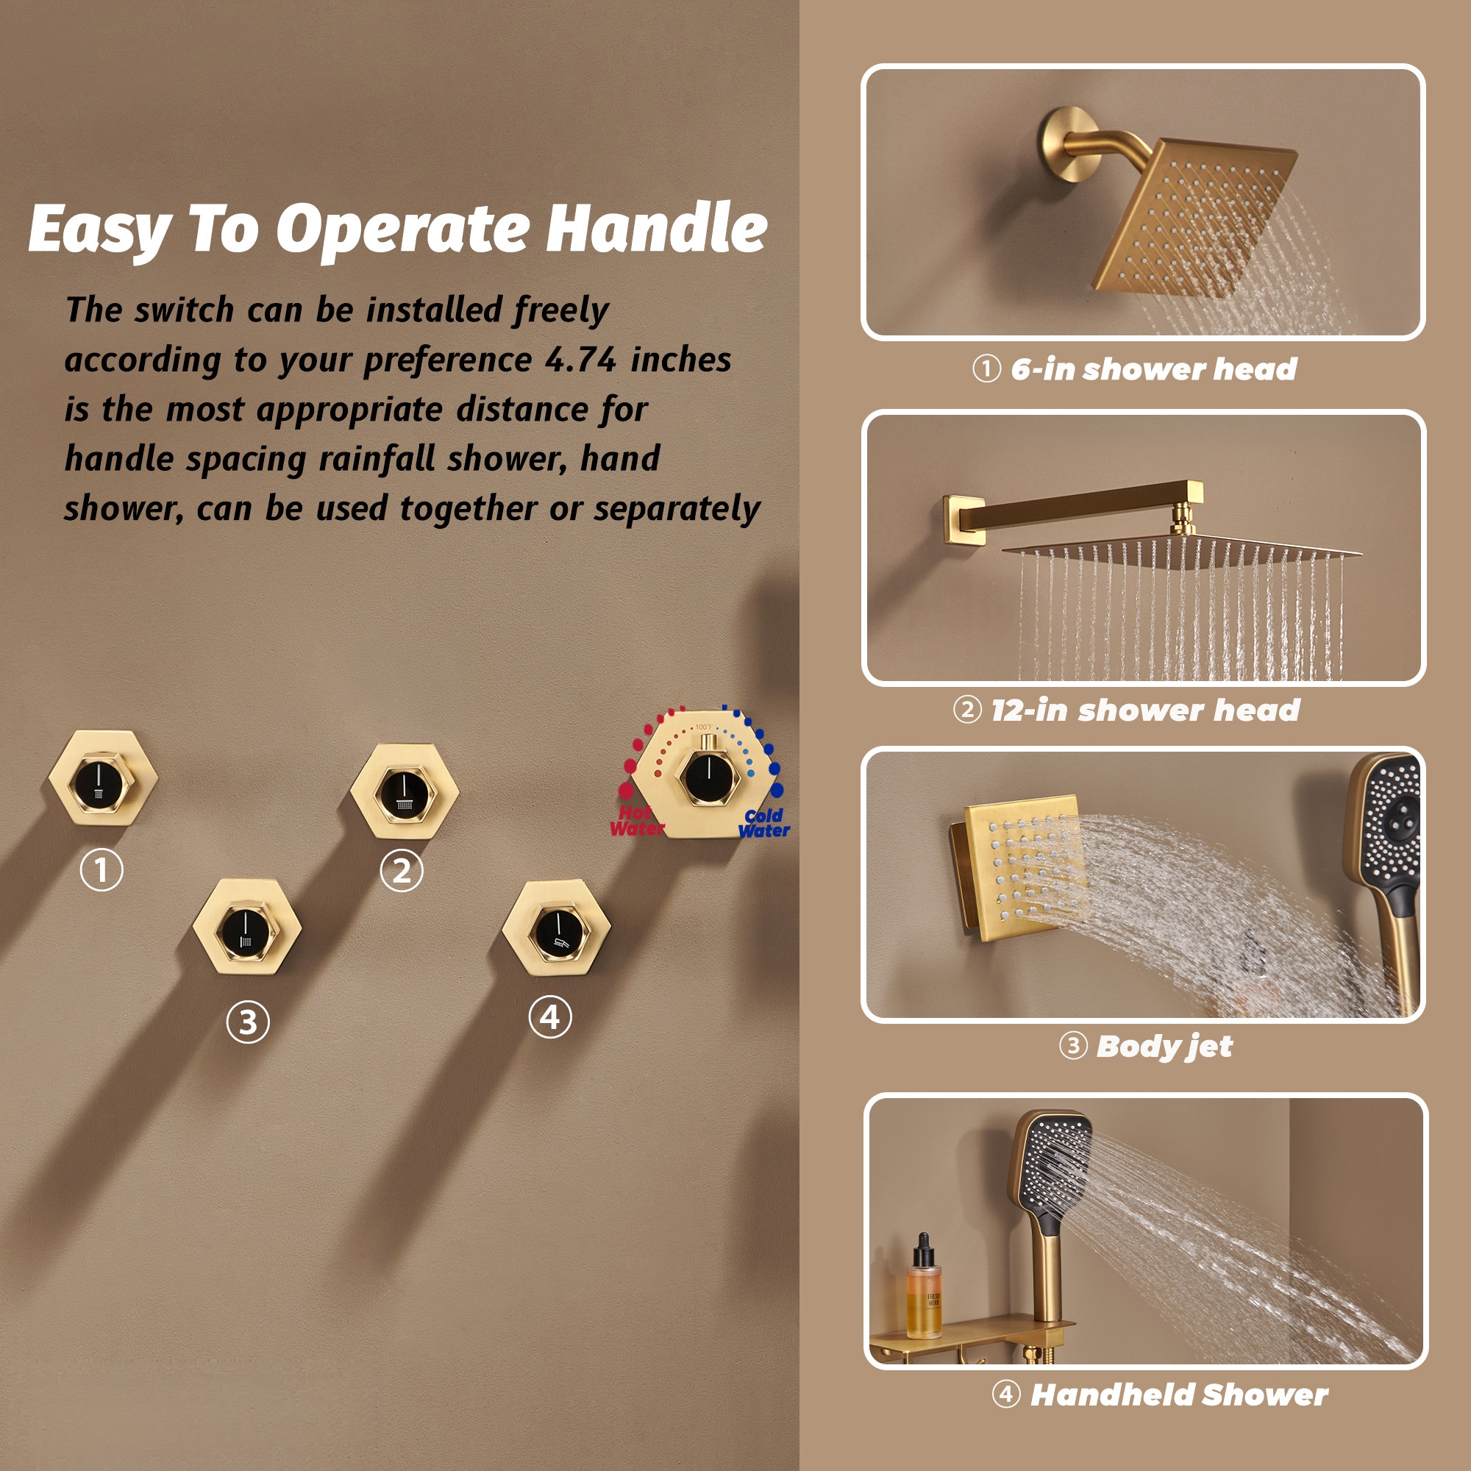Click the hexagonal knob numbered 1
tap(103, 777)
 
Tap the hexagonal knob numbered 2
tap(405, 791)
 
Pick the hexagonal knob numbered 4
tap(557, 927)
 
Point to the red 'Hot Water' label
tap(637, 822)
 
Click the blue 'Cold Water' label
tap(764, 823)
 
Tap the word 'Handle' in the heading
tap(657, 228)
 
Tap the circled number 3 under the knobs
tap(247, 1022)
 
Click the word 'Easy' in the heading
tap(99, 230)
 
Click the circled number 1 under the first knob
tap(102, 869)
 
